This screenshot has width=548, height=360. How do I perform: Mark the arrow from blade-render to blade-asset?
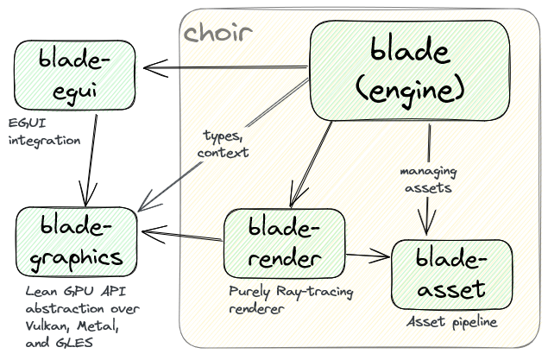(x=368, y=255)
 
